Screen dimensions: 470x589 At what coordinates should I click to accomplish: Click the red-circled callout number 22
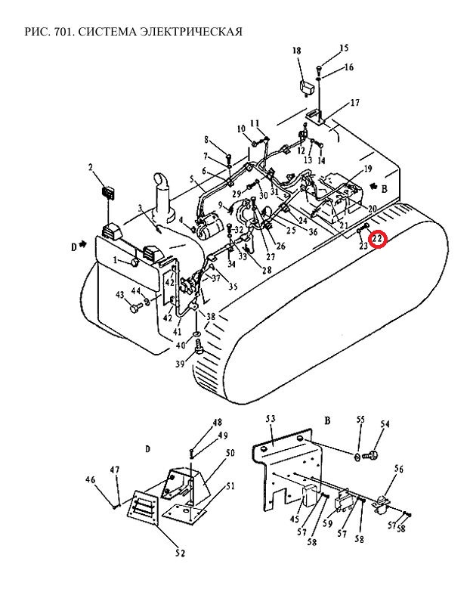pos(377,238)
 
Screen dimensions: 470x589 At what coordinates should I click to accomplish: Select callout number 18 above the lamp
pos(296,51)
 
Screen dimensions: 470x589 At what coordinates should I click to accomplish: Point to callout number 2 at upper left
pos(91,167)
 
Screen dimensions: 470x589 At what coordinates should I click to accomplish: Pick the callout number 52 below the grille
pos(180,553)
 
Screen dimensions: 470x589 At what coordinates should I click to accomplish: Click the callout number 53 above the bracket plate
pos(271,419)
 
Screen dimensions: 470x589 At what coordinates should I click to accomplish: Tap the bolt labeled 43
pos(135,308)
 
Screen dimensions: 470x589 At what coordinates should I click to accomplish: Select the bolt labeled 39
pos(198,347)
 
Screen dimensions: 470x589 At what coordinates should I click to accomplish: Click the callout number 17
pos(354,102)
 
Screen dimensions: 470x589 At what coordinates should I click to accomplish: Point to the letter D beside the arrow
pos(74,247)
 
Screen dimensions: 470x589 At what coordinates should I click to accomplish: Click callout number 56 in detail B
pos(399,469)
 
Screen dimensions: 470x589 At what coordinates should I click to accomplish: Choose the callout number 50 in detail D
pos(230,453)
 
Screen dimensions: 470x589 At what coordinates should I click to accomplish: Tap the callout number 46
pos(90,479)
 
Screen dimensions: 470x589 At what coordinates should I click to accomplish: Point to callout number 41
pos(177,332)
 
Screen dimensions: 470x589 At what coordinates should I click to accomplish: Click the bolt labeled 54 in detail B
pos(370,456)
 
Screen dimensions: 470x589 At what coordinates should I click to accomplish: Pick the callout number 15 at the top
pos(344,48)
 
